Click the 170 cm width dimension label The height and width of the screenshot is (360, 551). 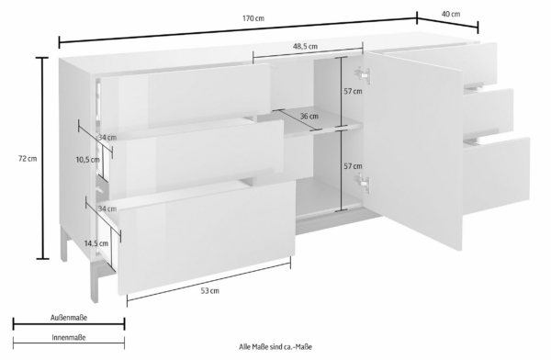coord(253,18)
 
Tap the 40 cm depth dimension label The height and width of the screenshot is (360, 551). coord(451,14)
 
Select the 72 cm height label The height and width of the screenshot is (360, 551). coord(28,159)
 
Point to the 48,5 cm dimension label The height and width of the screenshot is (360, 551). coord(306,46)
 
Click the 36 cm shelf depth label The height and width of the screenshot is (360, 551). coord(309,116)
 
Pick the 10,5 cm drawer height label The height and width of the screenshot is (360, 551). coord(88,160)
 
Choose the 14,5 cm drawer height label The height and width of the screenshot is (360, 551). coord(96,243)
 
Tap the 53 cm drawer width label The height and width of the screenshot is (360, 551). coord(210,291)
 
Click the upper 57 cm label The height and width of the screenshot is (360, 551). coord(353,92)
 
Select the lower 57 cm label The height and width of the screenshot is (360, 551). coord(353,166)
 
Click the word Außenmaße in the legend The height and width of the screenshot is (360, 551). coord(69,318)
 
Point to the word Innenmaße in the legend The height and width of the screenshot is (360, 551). coord(69,338)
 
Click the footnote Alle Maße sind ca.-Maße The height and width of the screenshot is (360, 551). coord(275,347)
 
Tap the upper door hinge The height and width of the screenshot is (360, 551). coord(363,74)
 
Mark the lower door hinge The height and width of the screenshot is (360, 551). coord(363,183)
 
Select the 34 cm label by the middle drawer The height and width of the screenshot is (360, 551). coord(107,138)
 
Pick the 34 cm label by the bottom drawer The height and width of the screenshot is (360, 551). coord(107,208)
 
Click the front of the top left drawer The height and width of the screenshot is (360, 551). coord(186,97)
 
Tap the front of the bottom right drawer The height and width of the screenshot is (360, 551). coord(496,175)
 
